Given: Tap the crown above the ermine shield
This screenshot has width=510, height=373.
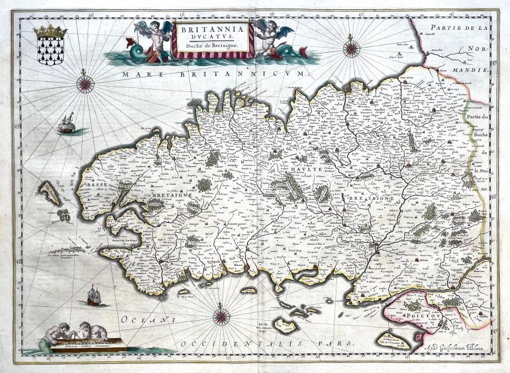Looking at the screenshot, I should (50, 31).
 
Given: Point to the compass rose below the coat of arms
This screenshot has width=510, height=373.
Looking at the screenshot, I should (85, 83).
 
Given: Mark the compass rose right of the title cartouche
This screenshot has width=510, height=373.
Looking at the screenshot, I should (351, 48).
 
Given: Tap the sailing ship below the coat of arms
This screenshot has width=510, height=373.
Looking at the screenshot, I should (66, 123).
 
